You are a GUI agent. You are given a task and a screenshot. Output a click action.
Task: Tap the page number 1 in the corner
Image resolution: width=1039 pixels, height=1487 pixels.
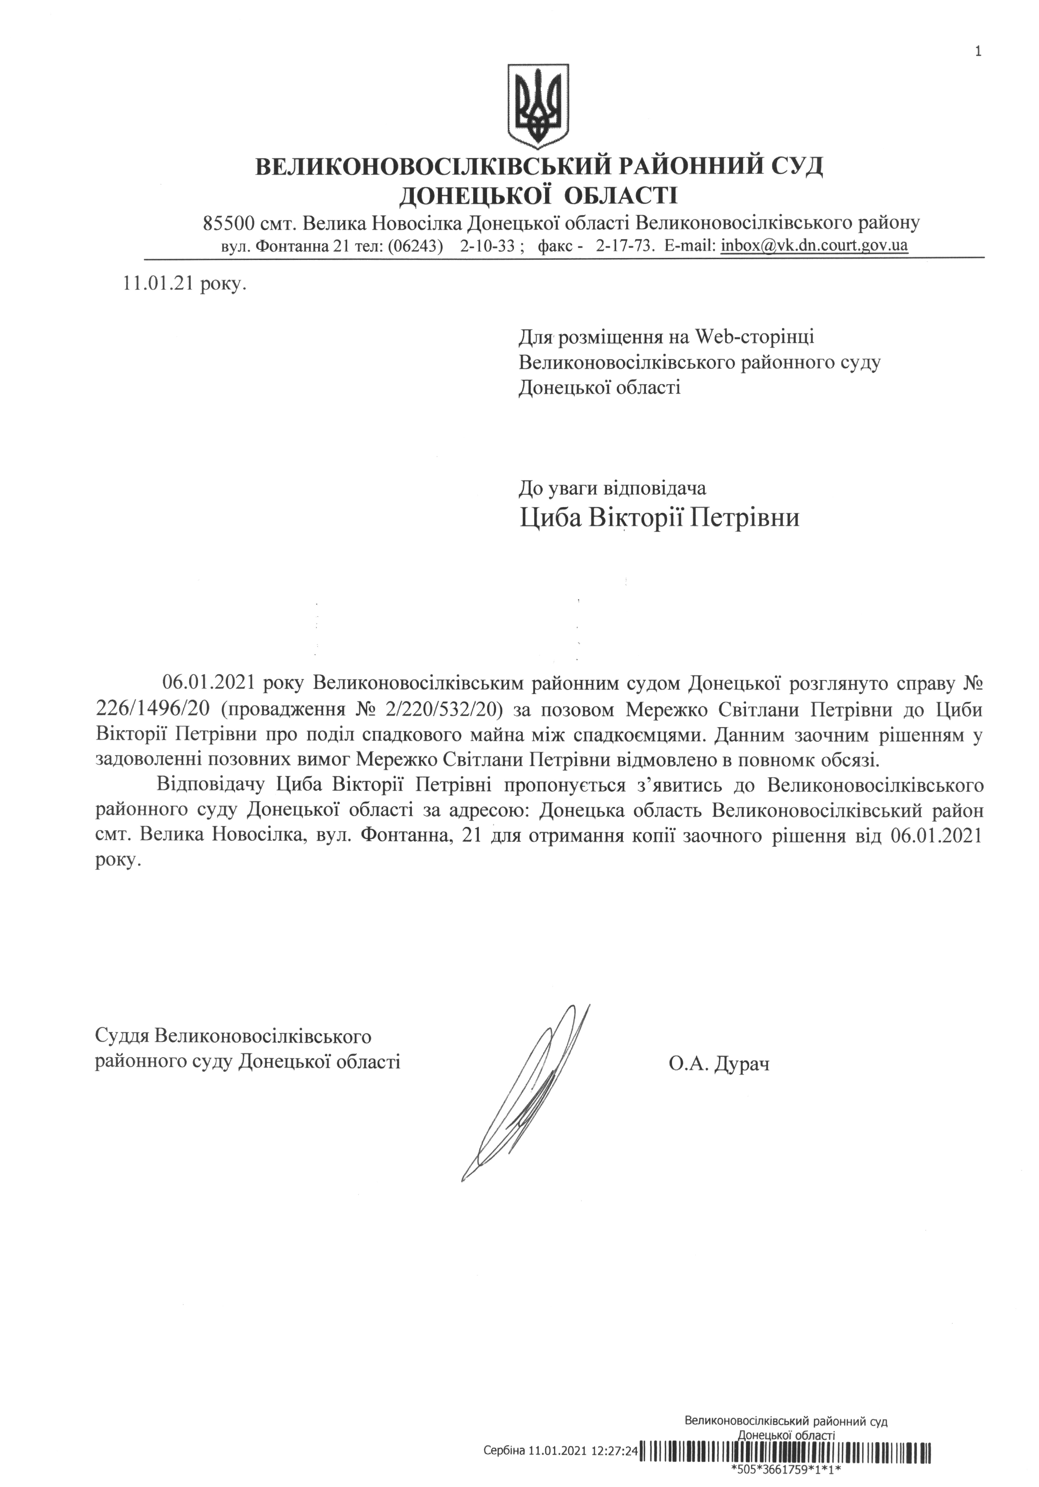point(977,52)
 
